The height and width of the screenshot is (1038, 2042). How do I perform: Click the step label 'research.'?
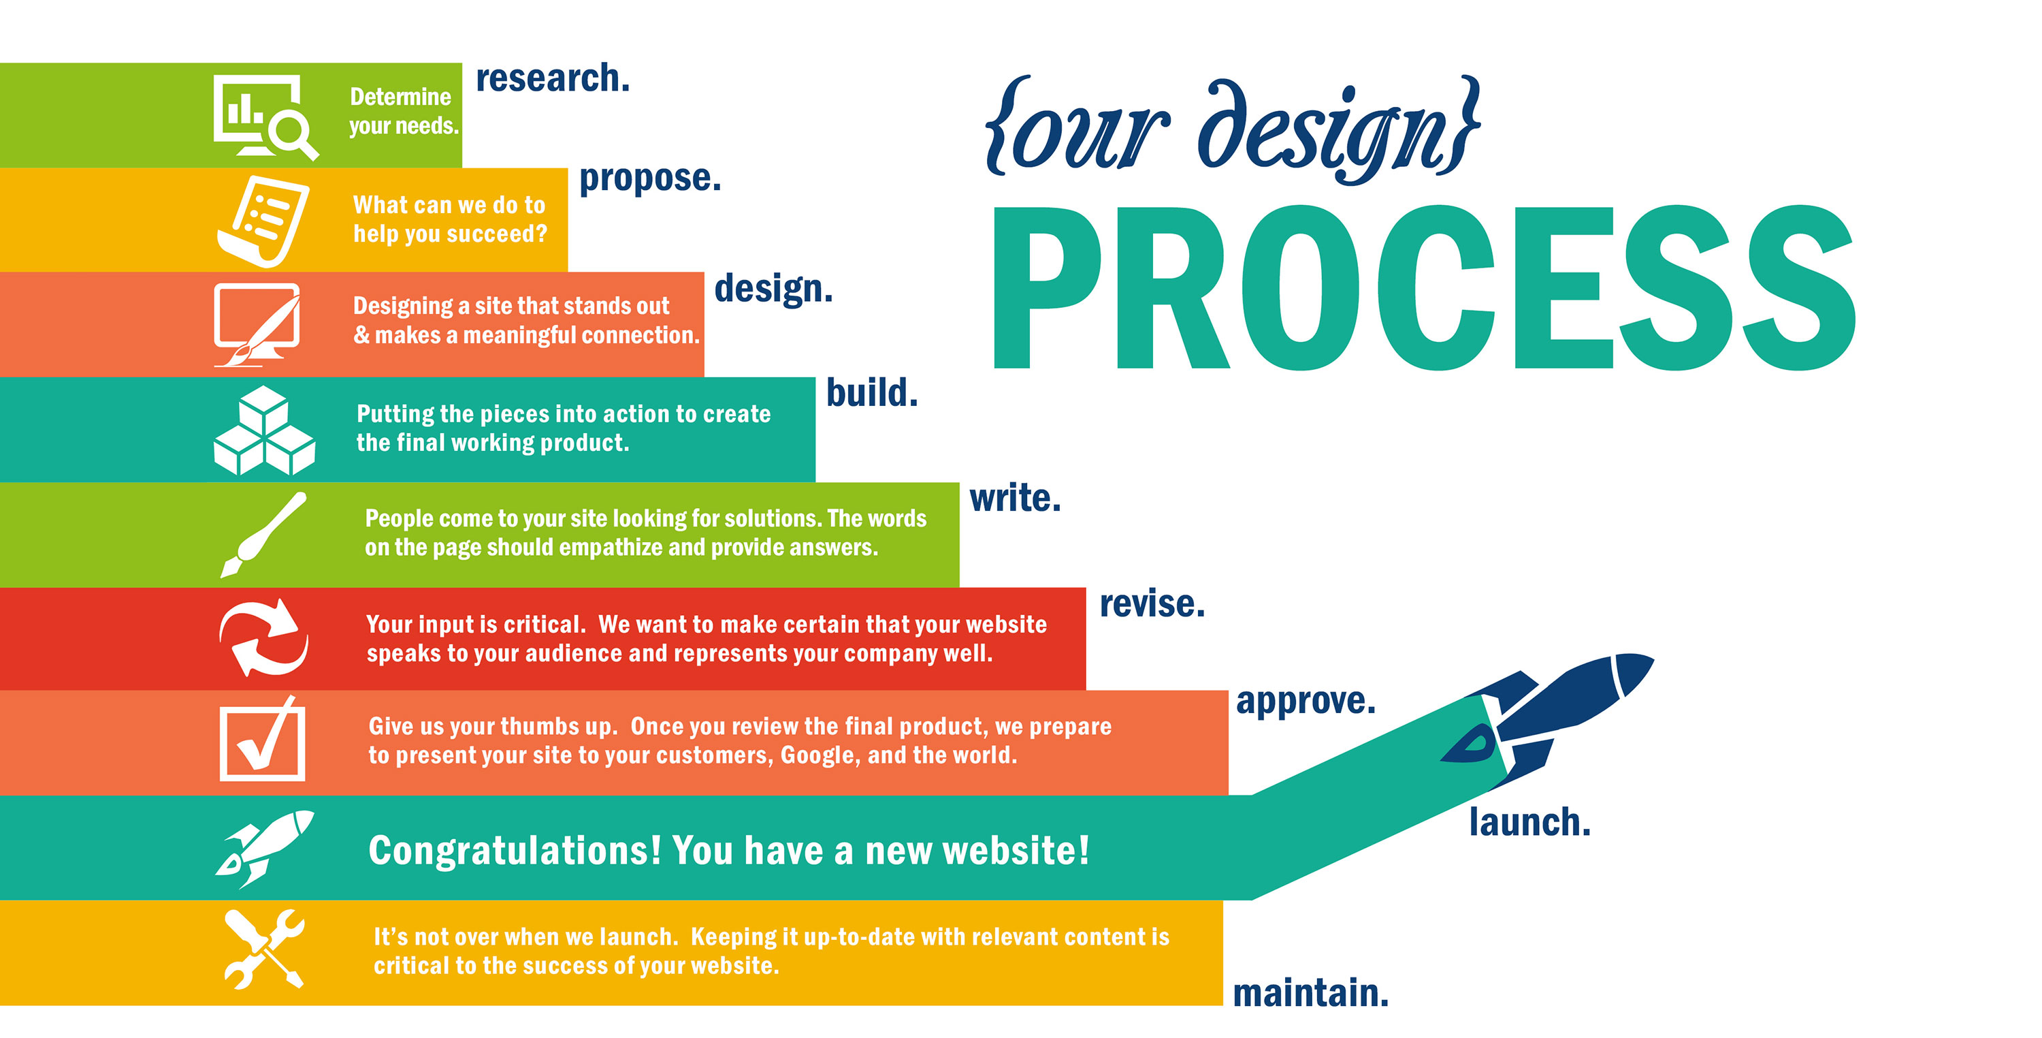point(553,78)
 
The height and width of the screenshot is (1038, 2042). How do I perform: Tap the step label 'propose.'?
point(650,178)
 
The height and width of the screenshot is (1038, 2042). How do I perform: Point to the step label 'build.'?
point(872,392)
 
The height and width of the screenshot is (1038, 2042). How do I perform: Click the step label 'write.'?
point(1015,498)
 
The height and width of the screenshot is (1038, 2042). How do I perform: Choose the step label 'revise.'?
point(1152,603)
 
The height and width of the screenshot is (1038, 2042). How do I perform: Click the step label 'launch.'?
point(1529,821)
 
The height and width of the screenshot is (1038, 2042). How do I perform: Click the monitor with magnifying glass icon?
point(265,117)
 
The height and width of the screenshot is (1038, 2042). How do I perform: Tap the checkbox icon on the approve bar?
point(261,739)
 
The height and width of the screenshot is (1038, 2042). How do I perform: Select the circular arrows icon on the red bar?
point(263,638)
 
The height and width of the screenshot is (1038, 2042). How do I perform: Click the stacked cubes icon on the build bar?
point(264,430)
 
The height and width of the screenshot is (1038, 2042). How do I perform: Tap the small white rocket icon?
point(264,849)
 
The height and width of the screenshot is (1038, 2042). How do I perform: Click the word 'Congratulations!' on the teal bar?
point(515,851)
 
